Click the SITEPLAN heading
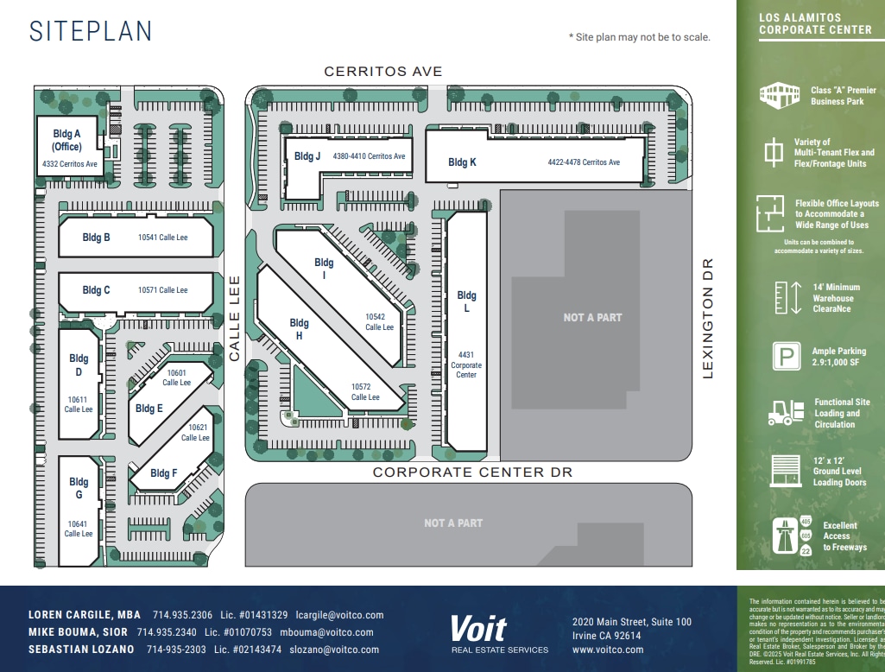(91, 31)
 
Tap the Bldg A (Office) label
(66, 140)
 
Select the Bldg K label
(462, 162)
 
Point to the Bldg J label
(307, 156)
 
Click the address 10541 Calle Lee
(162, 237)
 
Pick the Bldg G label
(79, 488)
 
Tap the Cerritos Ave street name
(382, 72)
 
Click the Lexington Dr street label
(708, 318)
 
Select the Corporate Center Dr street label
(472, 472)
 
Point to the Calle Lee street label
(234, 318)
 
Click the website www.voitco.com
(608, 650)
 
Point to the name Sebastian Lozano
(81, 650)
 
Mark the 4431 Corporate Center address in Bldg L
(466, 365)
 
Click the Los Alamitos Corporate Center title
(815, 23)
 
